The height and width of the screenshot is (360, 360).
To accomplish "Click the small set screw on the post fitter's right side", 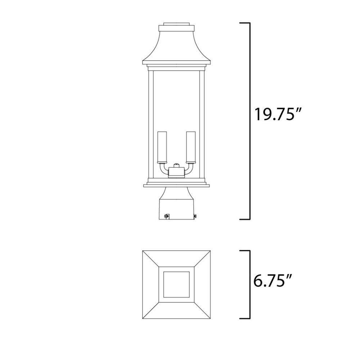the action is point(195,216).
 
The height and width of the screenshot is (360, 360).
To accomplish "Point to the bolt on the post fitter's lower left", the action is point(166,216).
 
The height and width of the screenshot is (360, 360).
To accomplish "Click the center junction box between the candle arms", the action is point(176,172).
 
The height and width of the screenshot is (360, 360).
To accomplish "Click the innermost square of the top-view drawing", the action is point(176,284).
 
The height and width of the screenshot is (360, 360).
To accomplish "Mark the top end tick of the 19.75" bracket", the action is point(245,23).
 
